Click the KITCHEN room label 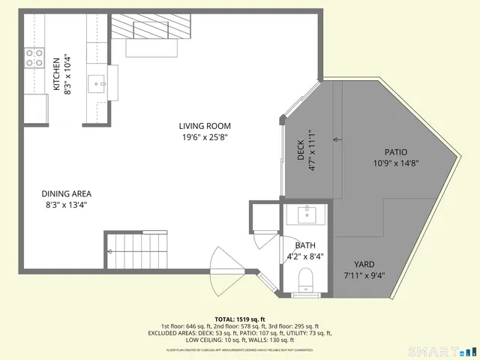coord(56,73)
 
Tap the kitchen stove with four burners coord(34,58)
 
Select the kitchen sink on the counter coord(97,82)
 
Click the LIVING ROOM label coord(205,126)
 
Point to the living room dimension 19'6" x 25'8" coord(205,137)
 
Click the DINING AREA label coord(67,193)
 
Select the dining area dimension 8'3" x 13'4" coord(67,205)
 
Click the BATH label coord(305,245)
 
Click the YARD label coord(364,264)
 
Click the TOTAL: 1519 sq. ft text coord(240,319)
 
